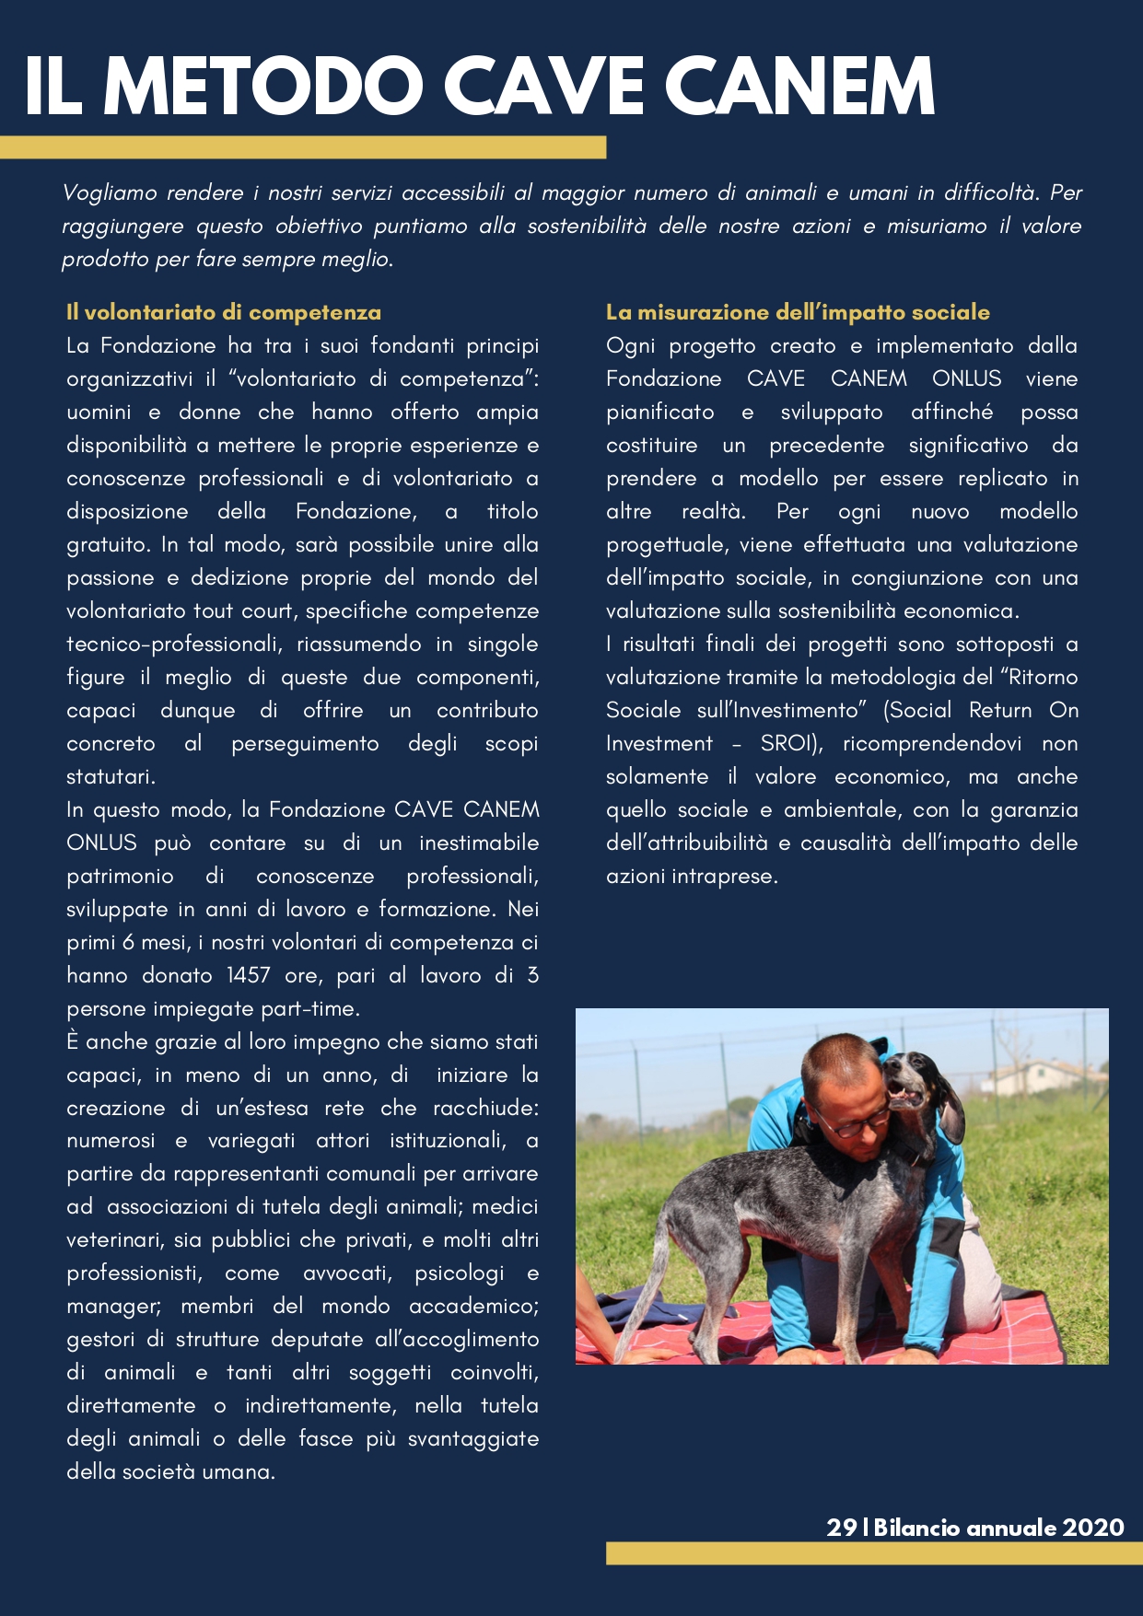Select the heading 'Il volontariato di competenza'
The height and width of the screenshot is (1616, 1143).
tap(224, 312)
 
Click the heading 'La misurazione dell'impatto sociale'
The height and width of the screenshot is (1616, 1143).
tap(798, 312)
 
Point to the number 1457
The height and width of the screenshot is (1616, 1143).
tap(249, 975)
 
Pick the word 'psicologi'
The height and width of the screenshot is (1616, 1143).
tap(460, 1273)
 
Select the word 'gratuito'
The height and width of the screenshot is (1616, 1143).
tap(108, 545)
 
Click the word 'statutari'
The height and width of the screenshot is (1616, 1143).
tap(110, 776)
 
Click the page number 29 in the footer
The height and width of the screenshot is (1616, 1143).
tap(841, 1528)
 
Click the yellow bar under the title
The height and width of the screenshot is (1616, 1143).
tap(303, 147)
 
